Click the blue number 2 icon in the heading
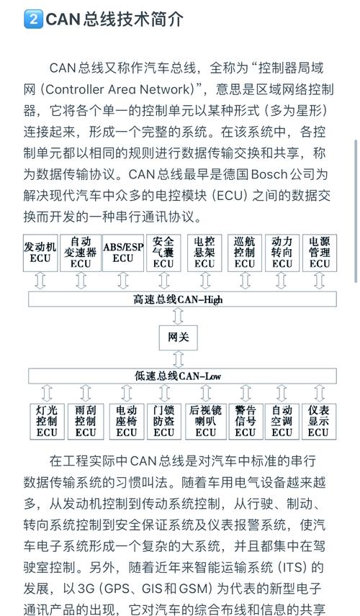[33, 19]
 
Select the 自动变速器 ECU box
[81, 252]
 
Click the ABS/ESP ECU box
[123, 252]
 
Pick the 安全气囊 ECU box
[163, 252]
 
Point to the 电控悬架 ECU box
[204, 252]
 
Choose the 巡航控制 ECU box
[245, 252]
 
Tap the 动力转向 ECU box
[282, 252]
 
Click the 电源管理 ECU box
[319, 252]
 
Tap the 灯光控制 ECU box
[47, 420]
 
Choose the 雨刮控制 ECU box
[85, 420]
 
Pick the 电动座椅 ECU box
[127, 420]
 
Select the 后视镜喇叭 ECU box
[205, 420]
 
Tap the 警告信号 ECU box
[245, 420]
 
